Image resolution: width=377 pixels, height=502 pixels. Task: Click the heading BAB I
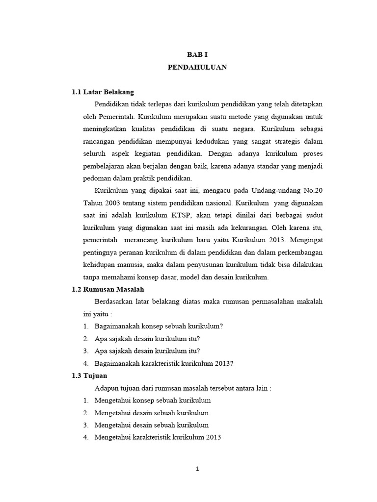click(197, 55)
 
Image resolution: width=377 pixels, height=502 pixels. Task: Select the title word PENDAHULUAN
click(197, 68)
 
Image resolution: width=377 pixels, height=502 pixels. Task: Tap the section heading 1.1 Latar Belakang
click(103, 92)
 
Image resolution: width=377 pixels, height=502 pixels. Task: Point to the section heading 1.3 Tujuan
click(92, 376)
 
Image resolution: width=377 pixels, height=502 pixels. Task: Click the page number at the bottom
click(197, 469)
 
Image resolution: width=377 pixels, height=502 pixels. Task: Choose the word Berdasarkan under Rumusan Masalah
click(114, 301)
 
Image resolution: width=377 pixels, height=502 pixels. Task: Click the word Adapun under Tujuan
click(107, 388)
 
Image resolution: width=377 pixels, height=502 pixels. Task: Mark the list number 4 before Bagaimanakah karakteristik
click(85, 363)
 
